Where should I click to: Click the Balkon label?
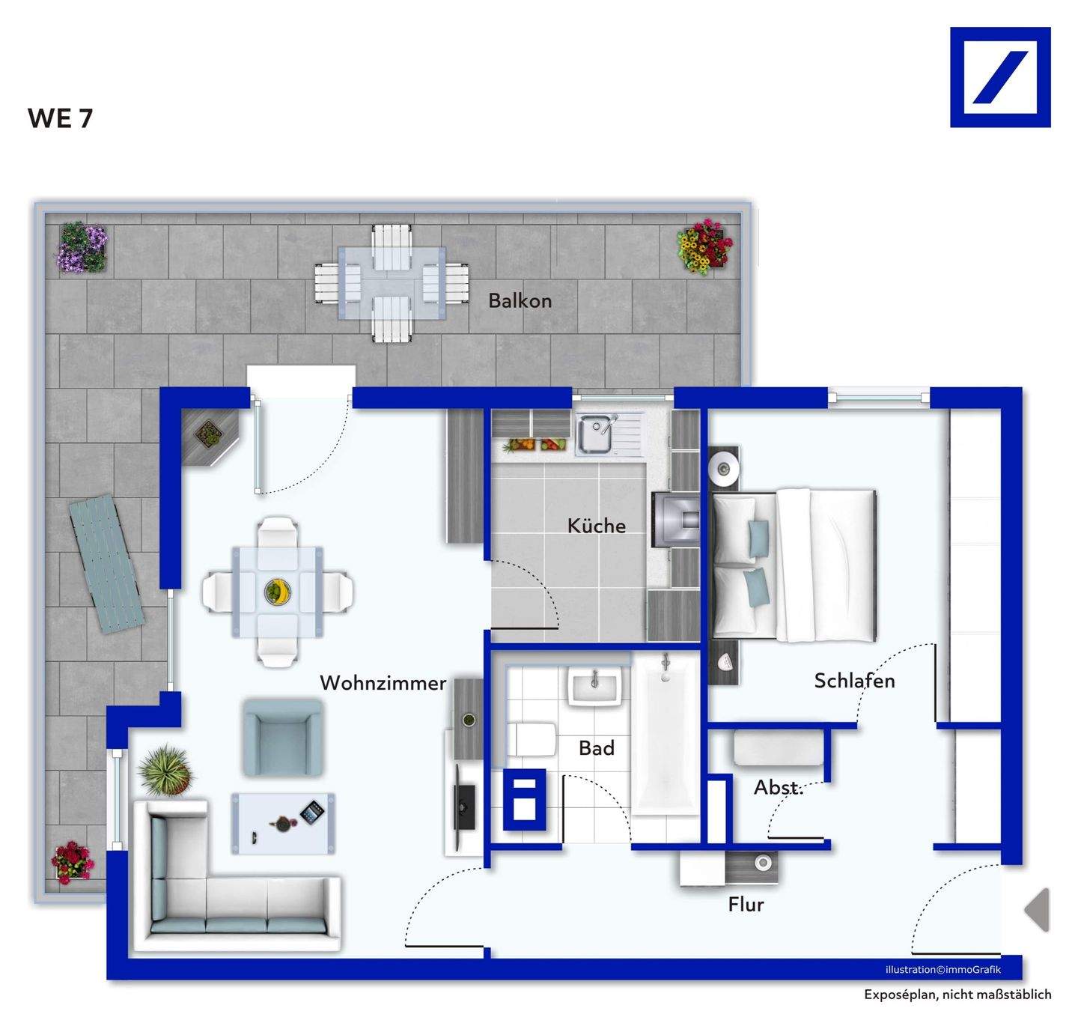[520, 300]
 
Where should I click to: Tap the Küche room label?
[596, 525]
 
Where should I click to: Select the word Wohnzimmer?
[383, 682]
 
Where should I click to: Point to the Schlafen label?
[854, 680]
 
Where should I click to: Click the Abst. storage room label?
[778, 787]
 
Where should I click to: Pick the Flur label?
[746, 904]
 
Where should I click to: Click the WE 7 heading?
[60, 118]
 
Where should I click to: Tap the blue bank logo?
[999, 77]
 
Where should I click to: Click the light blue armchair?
[282, 738]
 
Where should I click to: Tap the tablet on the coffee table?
[312, 811]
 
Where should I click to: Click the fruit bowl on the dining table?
[278, 592]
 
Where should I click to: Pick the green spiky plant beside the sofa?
[165, 770]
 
